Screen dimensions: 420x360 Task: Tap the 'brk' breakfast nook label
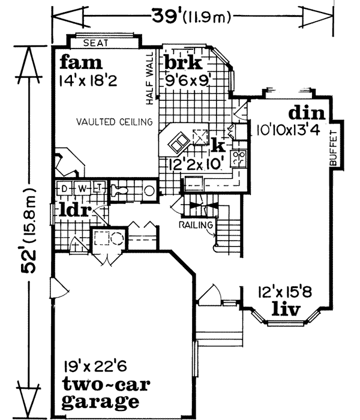[x=184, y=63]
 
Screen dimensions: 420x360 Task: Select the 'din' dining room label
[x=307, y=113]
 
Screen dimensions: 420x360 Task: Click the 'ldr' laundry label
[x=74, y=211]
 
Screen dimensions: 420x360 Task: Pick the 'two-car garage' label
[x=101, y=393]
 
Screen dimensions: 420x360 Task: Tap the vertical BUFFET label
[x=334, y=148]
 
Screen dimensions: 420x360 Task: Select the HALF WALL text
[x=150, y=76]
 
